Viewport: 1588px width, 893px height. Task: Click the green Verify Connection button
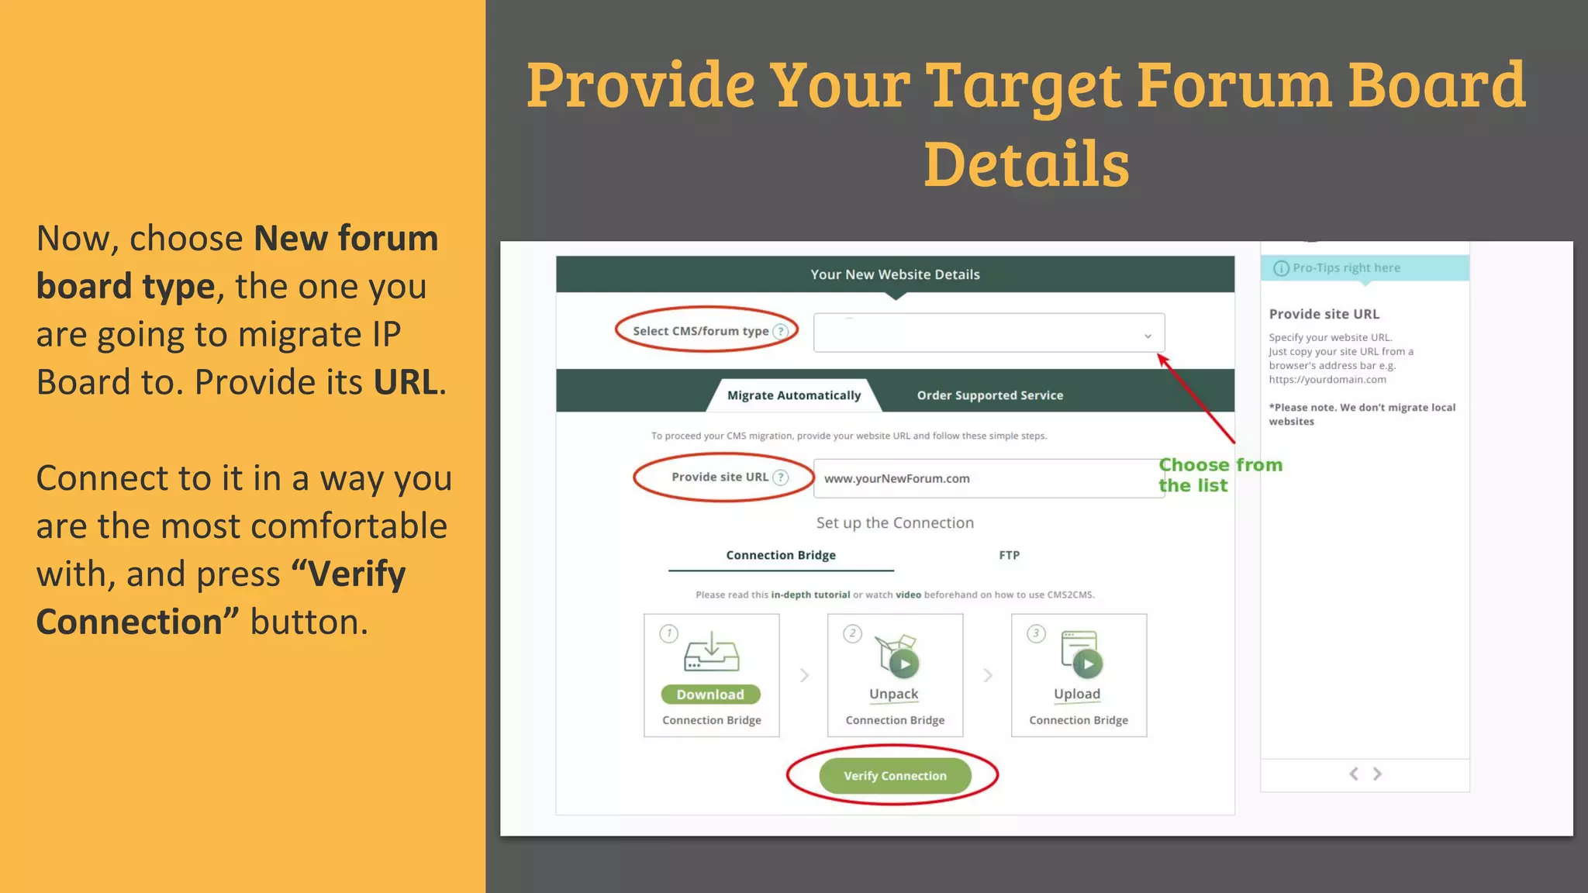[x=895, y=776]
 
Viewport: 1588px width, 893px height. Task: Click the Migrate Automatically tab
[x=794, y=395]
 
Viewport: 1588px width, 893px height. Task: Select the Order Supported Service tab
[x=989, y=395]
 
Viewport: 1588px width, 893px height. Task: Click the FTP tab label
[x=1009, y=555]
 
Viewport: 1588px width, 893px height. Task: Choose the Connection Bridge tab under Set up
[x=781, y=555]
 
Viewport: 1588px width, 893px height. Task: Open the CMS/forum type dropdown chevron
[x=1148, y=336]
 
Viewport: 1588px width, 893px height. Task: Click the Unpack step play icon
[x=904, y=664]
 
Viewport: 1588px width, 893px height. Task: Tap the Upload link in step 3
[x=1076, y=694]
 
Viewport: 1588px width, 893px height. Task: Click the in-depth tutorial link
[x=810, y=595]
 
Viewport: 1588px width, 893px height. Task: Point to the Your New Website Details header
[x=895, y=274]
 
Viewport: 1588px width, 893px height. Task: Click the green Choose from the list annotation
[x=1219, y=475]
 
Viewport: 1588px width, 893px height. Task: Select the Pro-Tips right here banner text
[x=1346, y=268]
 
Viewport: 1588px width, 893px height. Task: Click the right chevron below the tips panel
[x=1377, y=774]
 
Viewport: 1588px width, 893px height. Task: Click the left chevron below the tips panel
[x=1354, y=774]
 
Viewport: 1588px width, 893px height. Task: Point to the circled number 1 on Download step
[x=668, y=633]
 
